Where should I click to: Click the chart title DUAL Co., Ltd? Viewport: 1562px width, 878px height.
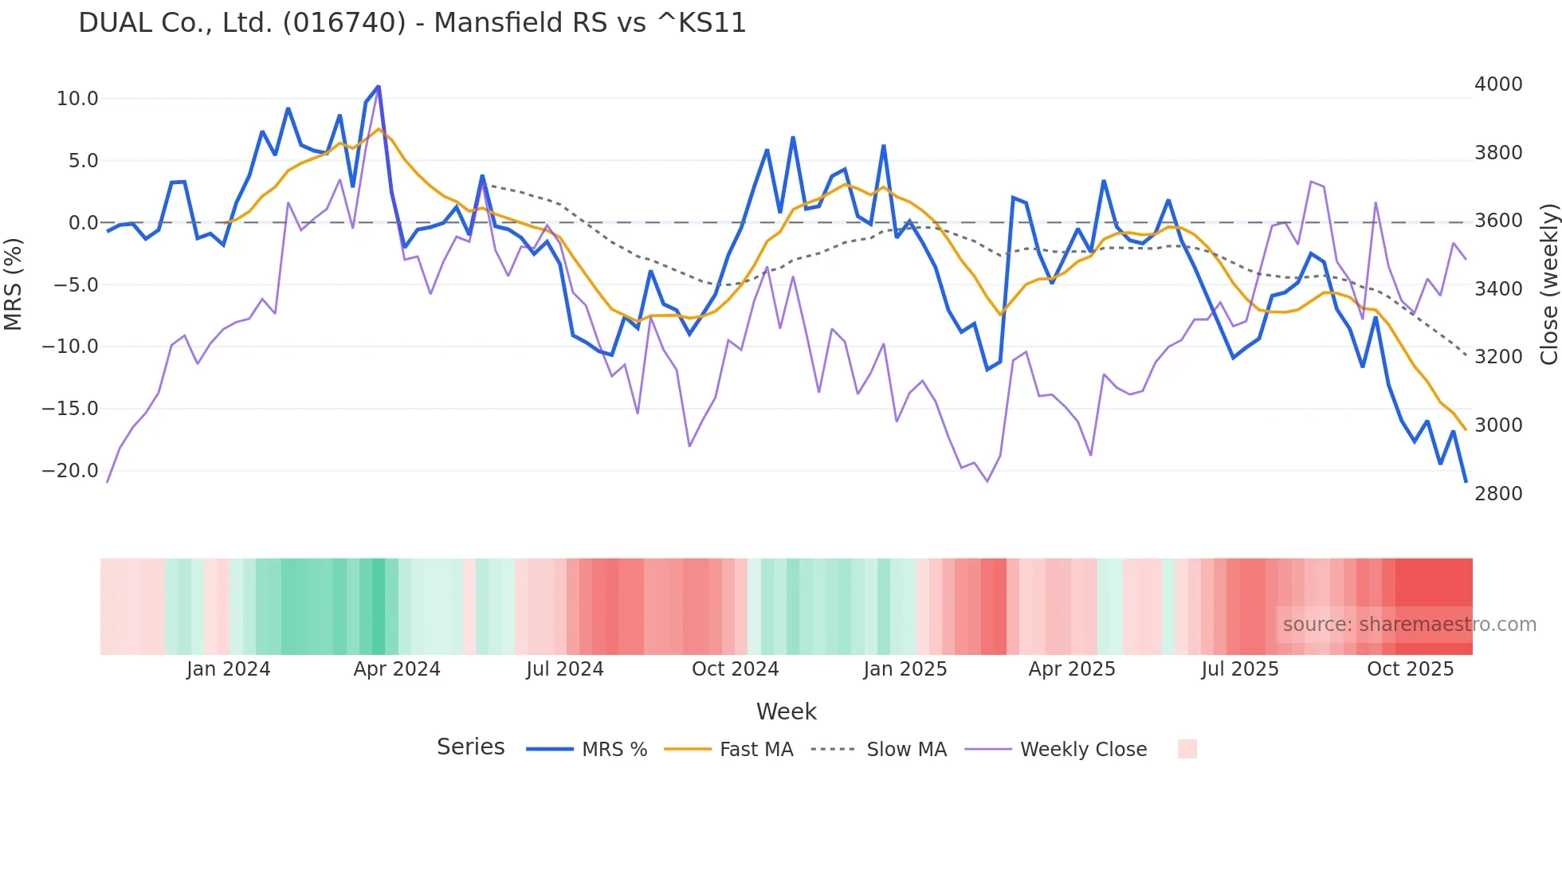click(412, 23)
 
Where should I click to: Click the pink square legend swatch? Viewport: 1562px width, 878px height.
click(1187, 749)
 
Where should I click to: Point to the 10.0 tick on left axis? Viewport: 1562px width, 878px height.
click(77, 99)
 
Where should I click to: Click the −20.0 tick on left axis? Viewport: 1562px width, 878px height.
click(70, 471)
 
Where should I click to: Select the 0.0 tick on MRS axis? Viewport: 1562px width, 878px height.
click(83, 223)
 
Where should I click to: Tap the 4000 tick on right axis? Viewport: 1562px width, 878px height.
click(1498, 84)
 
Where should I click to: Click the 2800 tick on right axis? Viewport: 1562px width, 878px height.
click(1498, 494)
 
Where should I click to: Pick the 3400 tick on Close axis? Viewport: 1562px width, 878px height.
click(1498, 289)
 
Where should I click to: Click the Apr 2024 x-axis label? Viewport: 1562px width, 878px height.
click(397, 669)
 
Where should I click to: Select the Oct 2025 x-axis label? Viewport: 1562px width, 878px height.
click(1410, 669)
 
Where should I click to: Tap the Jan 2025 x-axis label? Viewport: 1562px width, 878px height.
click(905, 669)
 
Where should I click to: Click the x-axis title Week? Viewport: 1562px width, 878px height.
click(786, 711)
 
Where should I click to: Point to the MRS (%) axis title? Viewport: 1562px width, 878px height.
click(14, 284)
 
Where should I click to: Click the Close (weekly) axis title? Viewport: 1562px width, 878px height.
click(1548, 284)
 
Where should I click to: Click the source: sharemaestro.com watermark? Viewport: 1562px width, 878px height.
click(1409, 625)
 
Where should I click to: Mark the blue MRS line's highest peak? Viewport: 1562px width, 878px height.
click(378, 86)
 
